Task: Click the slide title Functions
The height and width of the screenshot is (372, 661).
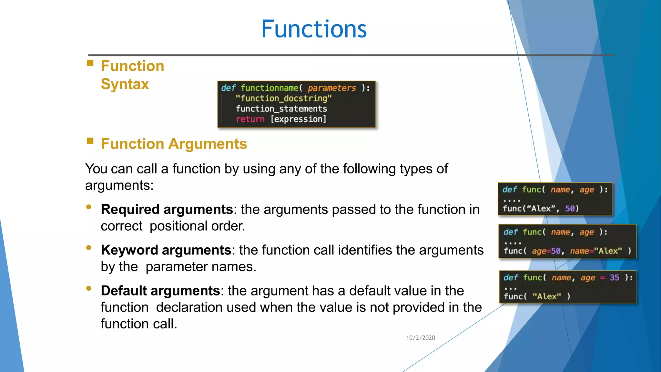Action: click(x=314, y=29)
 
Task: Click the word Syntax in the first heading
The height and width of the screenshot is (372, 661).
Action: click(x=125, y=84)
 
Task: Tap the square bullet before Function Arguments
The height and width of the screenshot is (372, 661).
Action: click(x=90, y=141)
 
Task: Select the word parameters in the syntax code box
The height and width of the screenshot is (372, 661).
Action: click(x=331, y=88)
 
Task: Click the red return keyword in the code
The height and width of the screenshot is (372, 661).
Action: click(x=250, y=119)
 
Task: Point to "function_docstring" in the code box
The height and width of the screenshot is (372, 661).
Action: click(x=283, y=98)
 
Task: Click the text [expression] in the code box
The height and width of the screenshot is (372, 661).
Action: click(x=298, y=119)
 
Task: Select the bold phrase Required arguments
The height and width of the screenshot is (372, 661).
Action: click(x=167, y=210)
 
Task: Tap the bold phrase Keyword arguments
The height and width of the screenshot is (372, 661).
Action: click(x=166, y=250)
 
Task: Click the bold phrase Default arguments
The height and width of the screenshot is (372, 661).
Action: click(x=160, y=291)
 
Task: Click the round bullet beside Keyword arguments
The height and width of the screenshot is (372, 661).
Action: click(x=89, y=248)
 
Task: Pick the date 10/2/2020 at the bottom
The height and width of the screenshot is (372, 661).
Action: click(x=420, y=338)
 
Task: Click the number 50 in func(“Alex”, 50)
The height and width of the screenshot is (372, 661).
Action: click(x=570, y=209)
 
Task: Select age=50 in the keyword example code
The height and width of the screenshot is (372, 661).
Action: click(x=546, y=251)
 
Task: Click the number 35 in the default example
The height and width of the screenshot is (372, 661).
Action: click(x=614, y=278)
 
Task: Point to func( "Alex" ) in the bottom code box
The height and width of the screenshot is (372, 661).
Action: click(x=537, y=296)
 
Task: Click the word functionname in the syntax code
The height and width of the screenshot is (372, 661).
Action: click(x=269, y=88)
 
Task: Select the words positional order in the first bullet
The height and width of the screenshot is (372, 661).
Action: click(x=197, y=226)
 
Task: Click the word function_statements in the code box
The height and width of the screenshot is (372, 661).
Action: click(x=281, y=109)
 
